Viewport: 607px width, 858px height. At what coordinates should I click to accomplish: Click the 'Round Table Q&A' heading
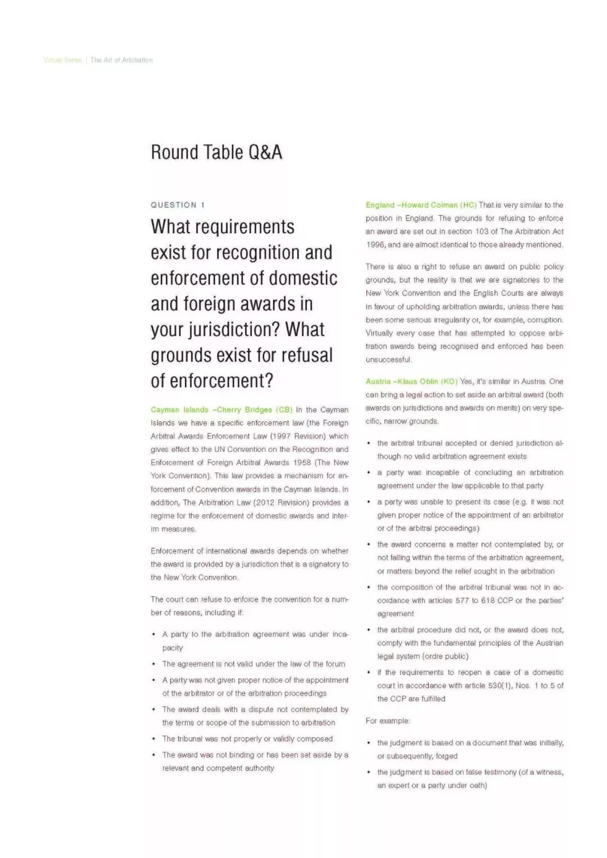[x=216, y=152]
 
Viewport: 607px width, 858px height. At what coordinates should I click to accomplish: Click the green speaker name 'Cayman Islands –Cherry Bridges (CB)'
[x=221, y=410]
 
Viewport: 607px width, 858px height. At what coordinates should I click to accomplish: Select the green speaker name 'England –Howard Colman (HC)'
[x=421, y=205]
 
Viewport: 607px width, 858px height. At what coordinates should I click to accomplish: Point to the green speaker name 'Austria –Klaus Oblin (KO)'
[x=411, y=382]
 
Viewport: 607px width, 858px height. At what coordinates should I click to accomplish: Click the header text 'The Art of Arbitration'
[x=121, y=60]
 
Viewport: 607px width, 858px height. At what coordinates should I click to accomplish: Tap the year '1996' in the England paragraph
[x=375, y=245]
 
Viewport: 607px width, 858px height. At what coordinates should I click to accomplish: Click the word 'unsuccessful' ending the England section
[x=388, y=360]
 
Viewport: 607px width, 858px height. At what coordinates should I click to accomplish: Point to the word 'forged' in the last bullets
[x=447, y=756]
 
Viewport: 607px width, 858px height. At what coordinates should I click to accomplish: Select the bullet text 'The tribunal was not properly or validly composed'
[x=247, y=739]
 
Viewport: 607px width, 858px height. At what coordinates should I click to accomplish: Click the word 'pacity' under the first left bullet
[x=173, y=648]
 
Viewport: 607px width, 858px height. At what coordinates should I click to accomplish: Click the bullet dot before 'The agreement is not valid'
[x=153, y=664]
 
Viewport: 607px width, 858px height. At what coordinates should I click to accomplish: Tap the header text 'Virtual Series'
[x=62, y=60]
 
